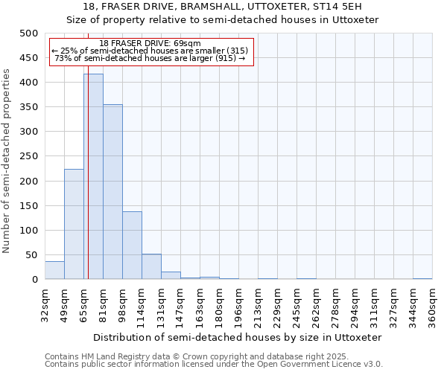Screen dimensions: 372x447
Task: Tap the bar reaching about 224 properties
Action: [x=74, y=224]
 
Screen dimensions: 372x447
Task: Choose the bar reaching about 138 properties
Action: [x=132, y=246]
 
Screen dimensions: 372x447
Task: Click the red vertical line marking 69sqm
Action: [x=88, y=149]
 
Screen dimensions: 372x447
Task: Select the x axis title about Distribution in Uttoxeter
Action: [x=238, y=337]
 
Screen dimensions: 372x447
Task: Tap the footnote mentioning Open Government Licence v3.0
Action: [x=214, y=365]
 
